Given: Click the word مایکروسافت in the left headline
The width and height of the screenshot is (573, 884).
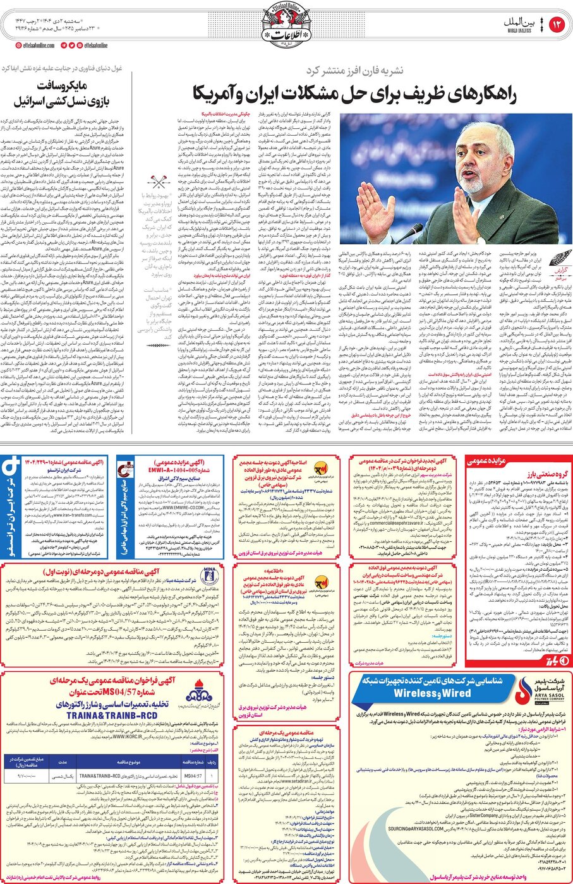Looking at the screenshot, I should coord(61,85).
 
